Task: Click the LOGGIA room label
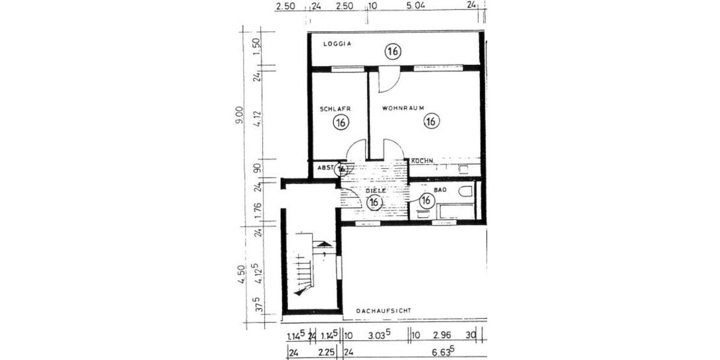337,44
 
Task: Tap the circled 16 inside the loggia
393,52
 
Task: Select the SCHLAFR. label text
335,109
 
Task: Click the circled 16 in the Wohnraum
430,122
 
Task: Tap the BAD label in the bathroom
441,190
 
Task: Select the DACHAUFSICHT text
384,311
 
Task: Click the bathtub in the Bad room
456,211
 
